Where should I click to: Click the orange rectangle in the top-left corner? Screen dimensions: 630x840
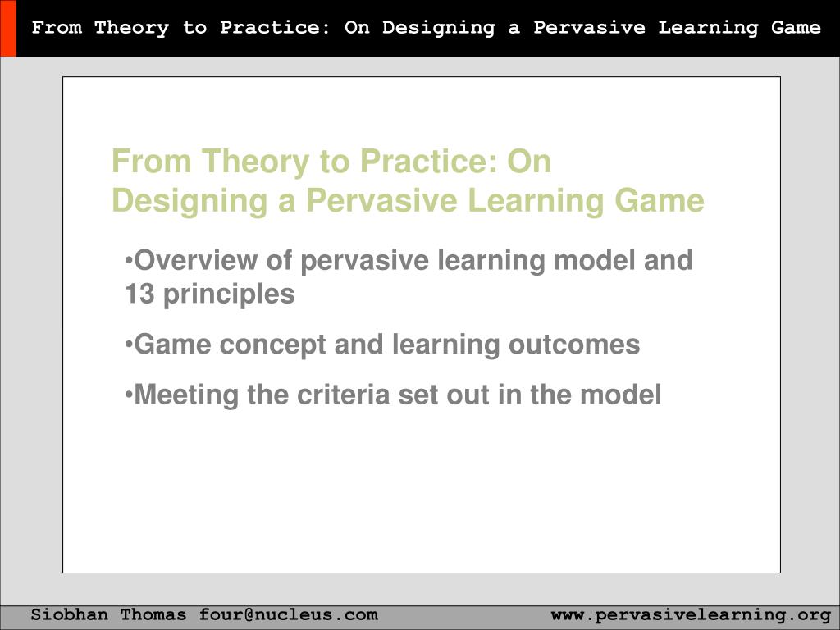click(x=7, y=29)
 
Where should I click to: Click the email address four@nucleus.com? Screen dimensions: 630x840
click(x=288, y=614)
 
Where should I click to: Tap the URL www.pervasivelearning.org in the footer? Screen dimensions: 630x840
click(x=691, y=614)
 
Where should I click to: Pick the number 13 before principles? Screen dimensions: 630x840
click(x=139, y=294)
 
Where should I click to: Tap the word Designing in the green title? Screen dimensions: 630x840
click(x=190, y=201)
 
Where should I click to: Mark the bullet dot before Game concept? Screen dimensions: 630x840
click(x=129, y=345)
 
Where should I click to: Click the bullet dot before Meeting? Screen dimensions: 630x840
click(x=129, y=395)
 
